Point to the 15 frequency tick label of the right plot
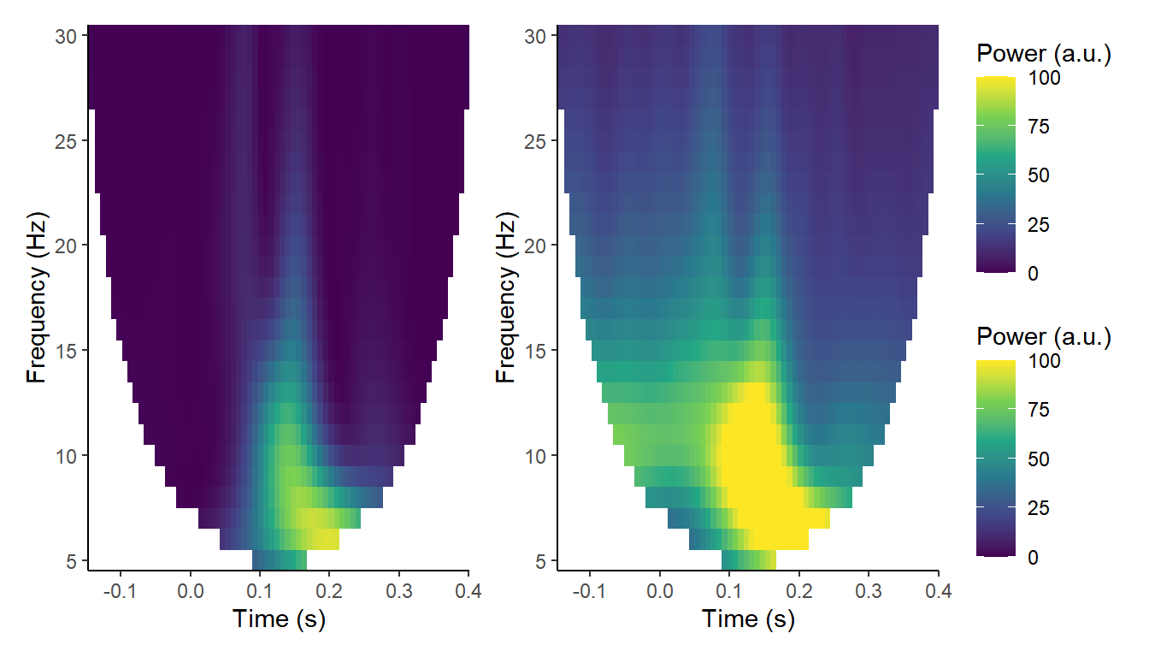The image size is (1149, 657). pyautogui.click(x=536, y=351)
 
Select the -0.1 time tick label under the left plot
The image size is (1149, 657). pyautogui.click(x=119, y=590)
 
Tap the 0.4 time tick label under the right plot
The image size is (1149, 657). pyautogui.click(x=937, y=590)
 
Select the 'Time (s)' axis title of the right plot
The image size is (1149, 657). pyautogui.click(x=748, y=619)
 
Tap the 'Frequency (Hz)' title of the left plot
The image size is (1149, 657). pyautogui.click(x=36, y=298)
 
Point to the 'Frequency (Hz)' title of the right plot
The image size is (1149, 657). pyautogui.click(x=506, y=298)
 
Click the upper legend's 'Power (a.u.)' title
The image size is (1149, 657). pyautogui.click(x=1043, y=55)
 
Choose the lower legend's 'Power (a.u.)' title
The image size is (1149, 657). pyautogui.click(x=1043, y=337)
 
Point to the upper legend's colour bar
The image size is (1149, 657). pyautogui.click(x=996, y=175)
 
